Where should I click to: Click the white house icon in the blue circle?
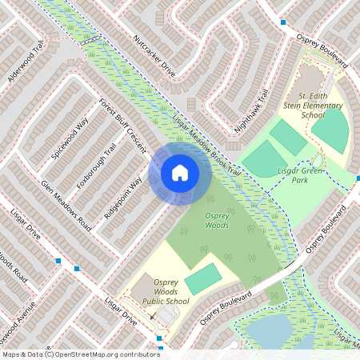[x=179, y=172]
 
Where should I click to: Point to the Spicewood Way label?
[x=70, y=138]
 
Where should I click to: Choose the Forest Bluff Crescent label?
[x=122, y=126]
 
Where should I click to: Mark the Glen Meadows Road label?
[x=66, y=205]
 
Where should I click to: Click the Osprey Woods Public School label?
[x=166, y=295]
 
